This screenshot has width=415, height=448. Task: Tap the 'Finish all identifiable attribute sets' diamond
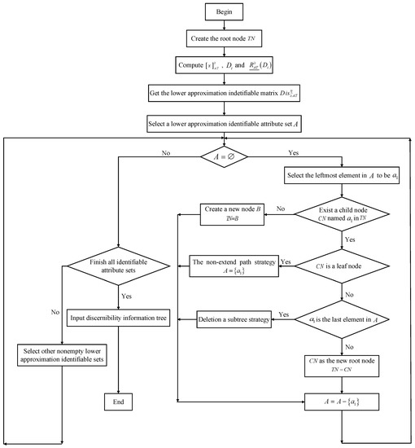(119, 265)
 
